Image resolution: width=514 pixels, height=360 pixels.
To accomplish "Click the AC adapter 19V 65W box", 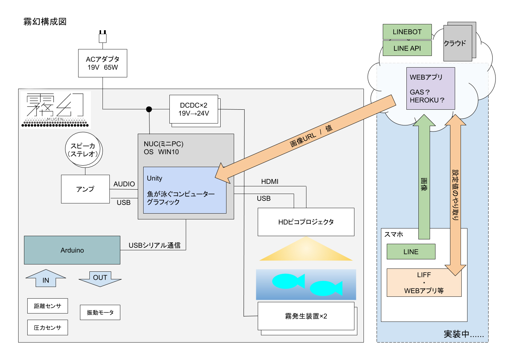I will [x=103, y=63].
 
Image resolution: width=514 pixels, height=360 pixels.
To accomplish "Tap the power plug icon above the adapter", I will [x=103, y=37].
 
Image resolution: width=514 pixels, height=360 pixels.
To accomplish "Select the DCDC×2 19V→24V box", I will [x=194, y=109].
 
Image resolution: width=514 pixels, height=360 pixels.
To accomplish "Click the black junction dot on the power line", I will [x=149, y=109].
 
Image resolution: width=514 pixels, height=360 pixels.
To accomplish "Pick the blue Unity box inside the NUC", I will [x=185, y=190].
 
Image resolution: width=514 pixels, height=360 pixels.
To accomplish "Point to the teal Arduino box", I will [x=72, y=250].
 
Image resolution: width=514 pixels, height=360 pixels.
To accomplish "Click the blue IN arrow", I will [x=46, y=278].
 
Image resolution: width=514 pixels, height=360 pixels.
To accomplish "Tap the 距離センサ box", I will [x=48, y=306].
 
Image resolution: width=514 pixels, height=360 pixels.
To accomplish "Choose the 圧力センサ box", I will [x=48, y=328].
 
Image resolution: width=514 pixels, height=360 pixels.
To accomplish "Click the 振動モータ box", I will [x=100, y=312].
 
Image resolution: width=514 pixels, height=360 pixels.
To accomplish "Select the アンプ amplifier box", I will [x=85, y=189].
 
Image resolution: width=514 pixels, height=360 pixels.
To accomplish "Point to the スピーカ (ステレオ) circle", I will [x=83, y=149].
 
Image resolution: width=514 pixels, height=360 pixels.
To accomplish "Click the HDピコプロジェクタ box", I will [x=306, y=222].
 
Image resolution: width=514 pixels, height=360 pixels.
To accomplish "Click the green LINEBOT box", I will [x=407, y=32].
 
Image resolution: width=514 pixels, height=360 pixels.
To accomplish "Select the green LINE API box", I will [x=407, y=48].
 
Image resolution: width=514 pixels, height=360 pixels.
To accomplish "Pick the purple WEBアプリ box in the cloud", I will [x=430, y=88].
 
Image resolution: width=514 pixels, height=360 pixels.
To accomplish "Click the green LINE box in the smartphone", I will [x=411, y=251].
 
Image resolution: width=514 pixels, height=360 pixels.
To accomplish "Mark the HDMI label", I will [x=270, y=181].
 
